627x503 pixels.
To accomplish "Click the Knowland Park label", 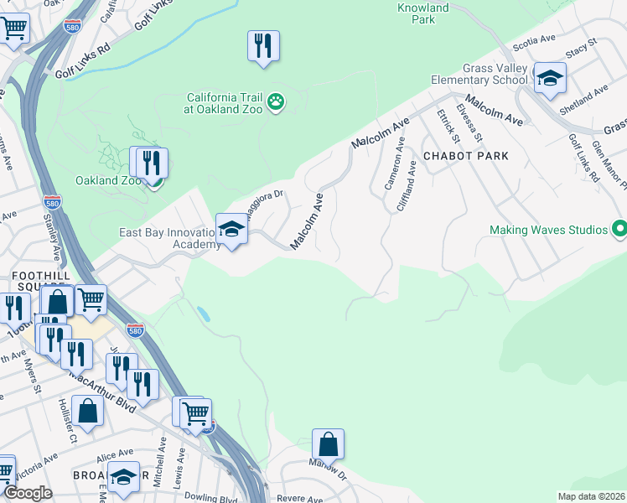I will pos(422,13).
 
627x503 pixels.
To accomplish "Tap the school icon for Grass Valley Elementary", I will pos(550,80).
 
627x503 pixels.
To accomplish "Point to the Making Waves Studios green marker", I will pos(619,229).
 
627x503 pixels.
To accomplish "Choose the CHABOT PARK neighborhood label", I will pos(466,156).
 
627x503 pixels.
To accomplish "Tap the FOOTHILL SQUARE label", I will pos(34,281).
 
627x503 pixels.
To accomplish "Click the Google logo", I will pos(27,493).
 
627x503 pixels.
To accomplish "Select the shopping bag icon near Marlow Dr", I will pos(329,444).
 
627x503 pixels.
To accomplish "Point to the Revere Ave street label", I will pos(299,498).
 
